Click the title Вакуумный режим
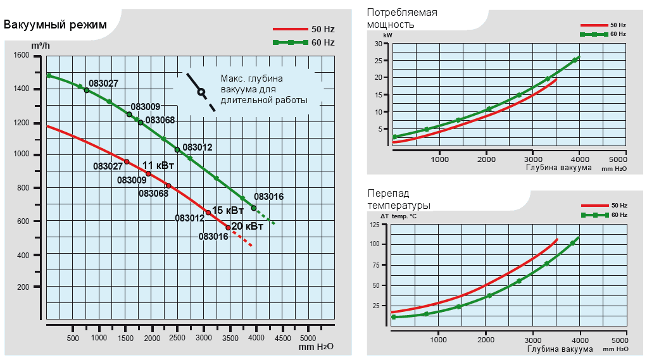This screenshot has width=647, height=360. point(55,25)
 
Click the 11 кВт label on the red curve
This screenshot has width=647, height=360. point(158,166)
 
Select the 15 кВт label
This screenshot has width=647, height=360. point(228,210)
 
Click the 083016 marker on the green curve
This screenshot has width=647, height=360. point(254,208)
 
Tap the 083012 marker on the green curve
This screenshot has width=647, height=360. point(177,150)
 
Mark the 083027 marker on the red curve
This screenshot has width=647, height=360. point(127,161)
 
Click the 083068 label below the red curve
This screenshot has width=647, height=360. point(154,194)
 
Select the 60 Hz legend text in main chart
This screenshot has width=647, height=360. point(323,42)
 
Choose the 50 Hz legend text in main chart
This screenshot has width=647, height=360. point(323,29)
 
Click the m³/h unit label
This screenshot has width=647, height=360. point(41,46)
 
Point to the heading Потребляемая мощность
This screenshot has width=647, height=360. point(402,18)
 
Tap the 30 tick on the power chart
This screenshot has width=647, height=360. point(381,44)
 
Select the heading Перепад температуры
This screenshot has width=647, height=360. point(399,199)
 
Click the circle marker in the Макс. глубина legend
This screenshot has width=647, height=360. point(201,92)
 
